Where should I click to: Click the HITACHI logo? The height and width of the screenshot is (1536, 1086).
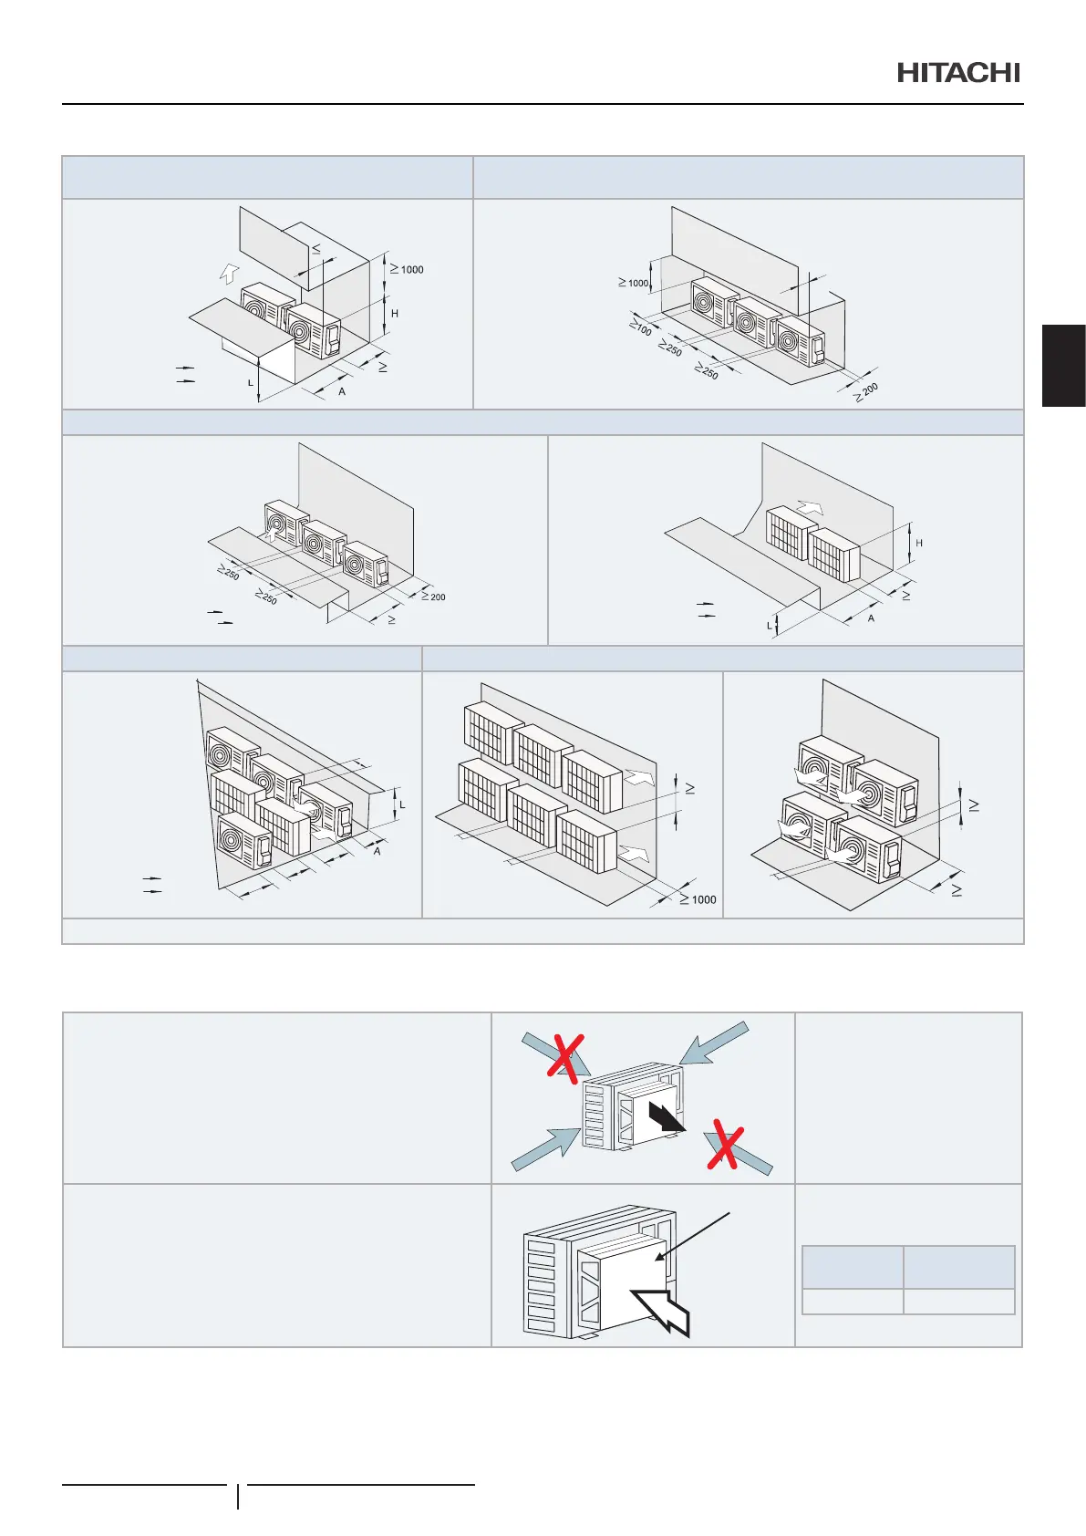[x=958, y=73]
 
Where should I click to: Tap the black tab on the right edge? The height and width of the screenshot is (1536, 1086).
[x=1063, y=365]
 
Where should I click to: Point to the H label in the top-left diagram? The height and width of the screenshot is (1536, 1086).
[x=394, y=314]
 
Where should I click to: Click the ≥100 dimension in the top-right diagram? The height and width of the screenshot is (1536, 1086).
[x=640, y=326]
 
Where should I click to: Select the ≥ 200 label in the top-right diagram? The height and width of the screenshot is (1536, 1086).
[x=866, y=393]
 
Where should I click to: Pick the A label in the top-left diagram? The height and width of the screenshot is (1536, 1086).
[x=342, y=392]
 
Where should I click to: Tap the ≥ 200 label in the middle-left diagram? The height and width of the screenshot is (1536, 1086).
[x=433, y=597]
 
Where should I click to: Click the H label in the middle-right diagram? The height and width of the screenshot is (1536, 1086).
[x=919, y=544]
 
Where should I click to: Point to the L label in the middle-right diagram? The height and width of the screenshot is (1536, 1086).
[x=769, y=626]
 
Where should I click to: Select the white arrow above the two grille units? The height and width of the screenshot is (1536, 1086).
[x=808, y=506]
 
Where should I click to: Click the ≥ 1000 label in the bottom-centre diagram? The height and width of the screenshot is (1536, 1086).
[x=698, y=899]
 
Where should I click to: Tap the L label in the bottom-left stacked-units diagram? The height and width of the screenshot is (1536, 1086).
[x=402, y=804]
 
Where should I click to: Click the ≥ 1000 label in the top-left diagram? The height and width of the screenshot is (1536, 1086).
[x=407, y=269]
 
